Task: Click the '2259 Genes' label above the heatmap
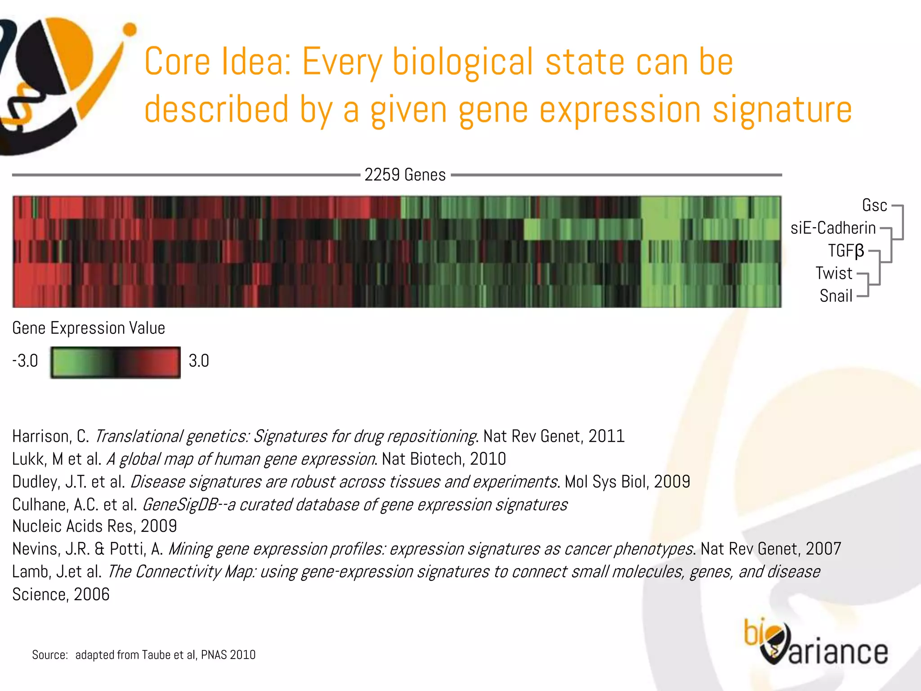coord(405,175)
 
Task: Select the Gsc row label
coord(874,205)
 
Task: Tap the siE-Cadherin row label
coord(833,228)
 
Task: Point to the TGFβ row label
coord(846,251)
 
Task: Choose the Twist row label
coord(834,273)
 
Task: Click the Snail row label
coord(836,296)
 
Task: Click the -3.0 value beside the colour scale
coord(25,361)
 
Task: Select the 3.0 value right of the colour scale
coord(199,361)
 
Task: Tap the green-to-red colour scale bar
coord(116,362)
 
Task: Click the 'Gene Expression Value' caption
coord(89,328)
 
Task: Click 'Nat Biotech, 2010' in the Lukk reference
coord(444,459)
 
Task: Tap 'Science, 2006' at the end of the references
coord(61,594)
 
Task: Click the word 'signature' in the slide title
coord(782,110)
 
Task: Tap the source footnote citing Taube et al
coord(144,655)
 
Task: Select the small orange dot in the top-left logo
coord(130,30)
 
